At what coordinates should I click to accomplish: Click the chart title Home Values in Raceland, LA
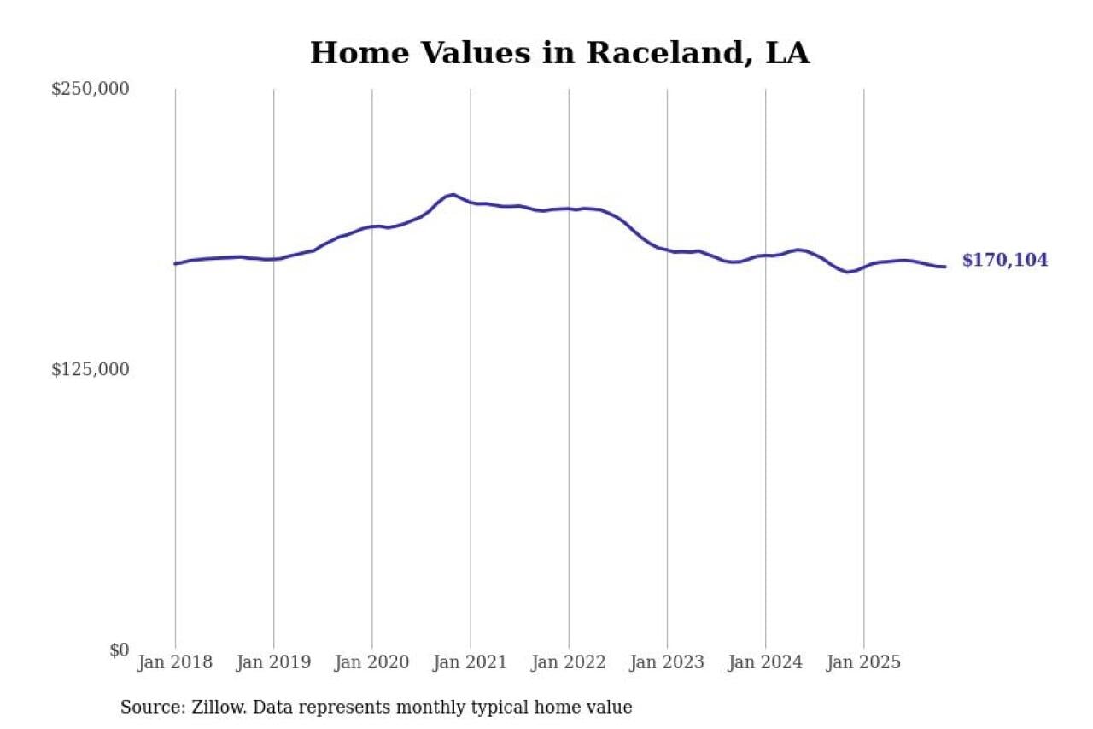(x=559, y=53)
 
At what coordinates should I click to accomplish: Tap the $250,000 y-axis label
(x=90, y=89)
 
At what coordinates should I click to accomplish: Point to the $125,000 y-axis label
(x=90, y=369)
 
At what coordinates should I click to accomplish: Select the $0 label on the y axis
(x=119, y=650)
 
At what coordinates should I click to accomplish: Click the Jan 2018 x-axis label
(x=175, y=662)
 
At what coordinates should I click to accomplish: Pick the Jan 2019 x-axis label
(x=273, y=662)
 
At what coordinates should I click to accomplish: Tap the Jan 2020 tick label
(x=371, y=662)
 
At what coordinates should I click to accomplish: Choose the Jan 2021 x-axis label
(x=470, y=662)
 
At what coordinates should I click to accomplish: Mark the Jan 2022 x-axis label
(x=569, y=662)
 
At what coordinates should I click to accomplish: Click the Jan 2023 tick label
(x=667, y=662)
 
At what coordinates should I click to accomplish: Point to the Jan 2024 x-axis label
(x=765, y=662)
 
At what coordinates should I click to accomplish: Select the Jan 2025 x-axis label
(x=863, y=662)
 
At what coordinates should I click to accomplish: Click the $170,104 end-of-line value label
(x=1004, y=261)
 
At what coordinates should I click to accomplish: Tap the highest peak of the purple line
(x=453, y=195)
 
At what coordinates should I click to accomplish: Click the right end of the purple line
(x=944, y=267)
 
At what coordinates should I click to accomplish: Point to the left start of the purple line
(x=175, y=263)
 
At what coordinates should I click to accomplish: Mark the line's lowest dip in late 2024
(x=847, y=272)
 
